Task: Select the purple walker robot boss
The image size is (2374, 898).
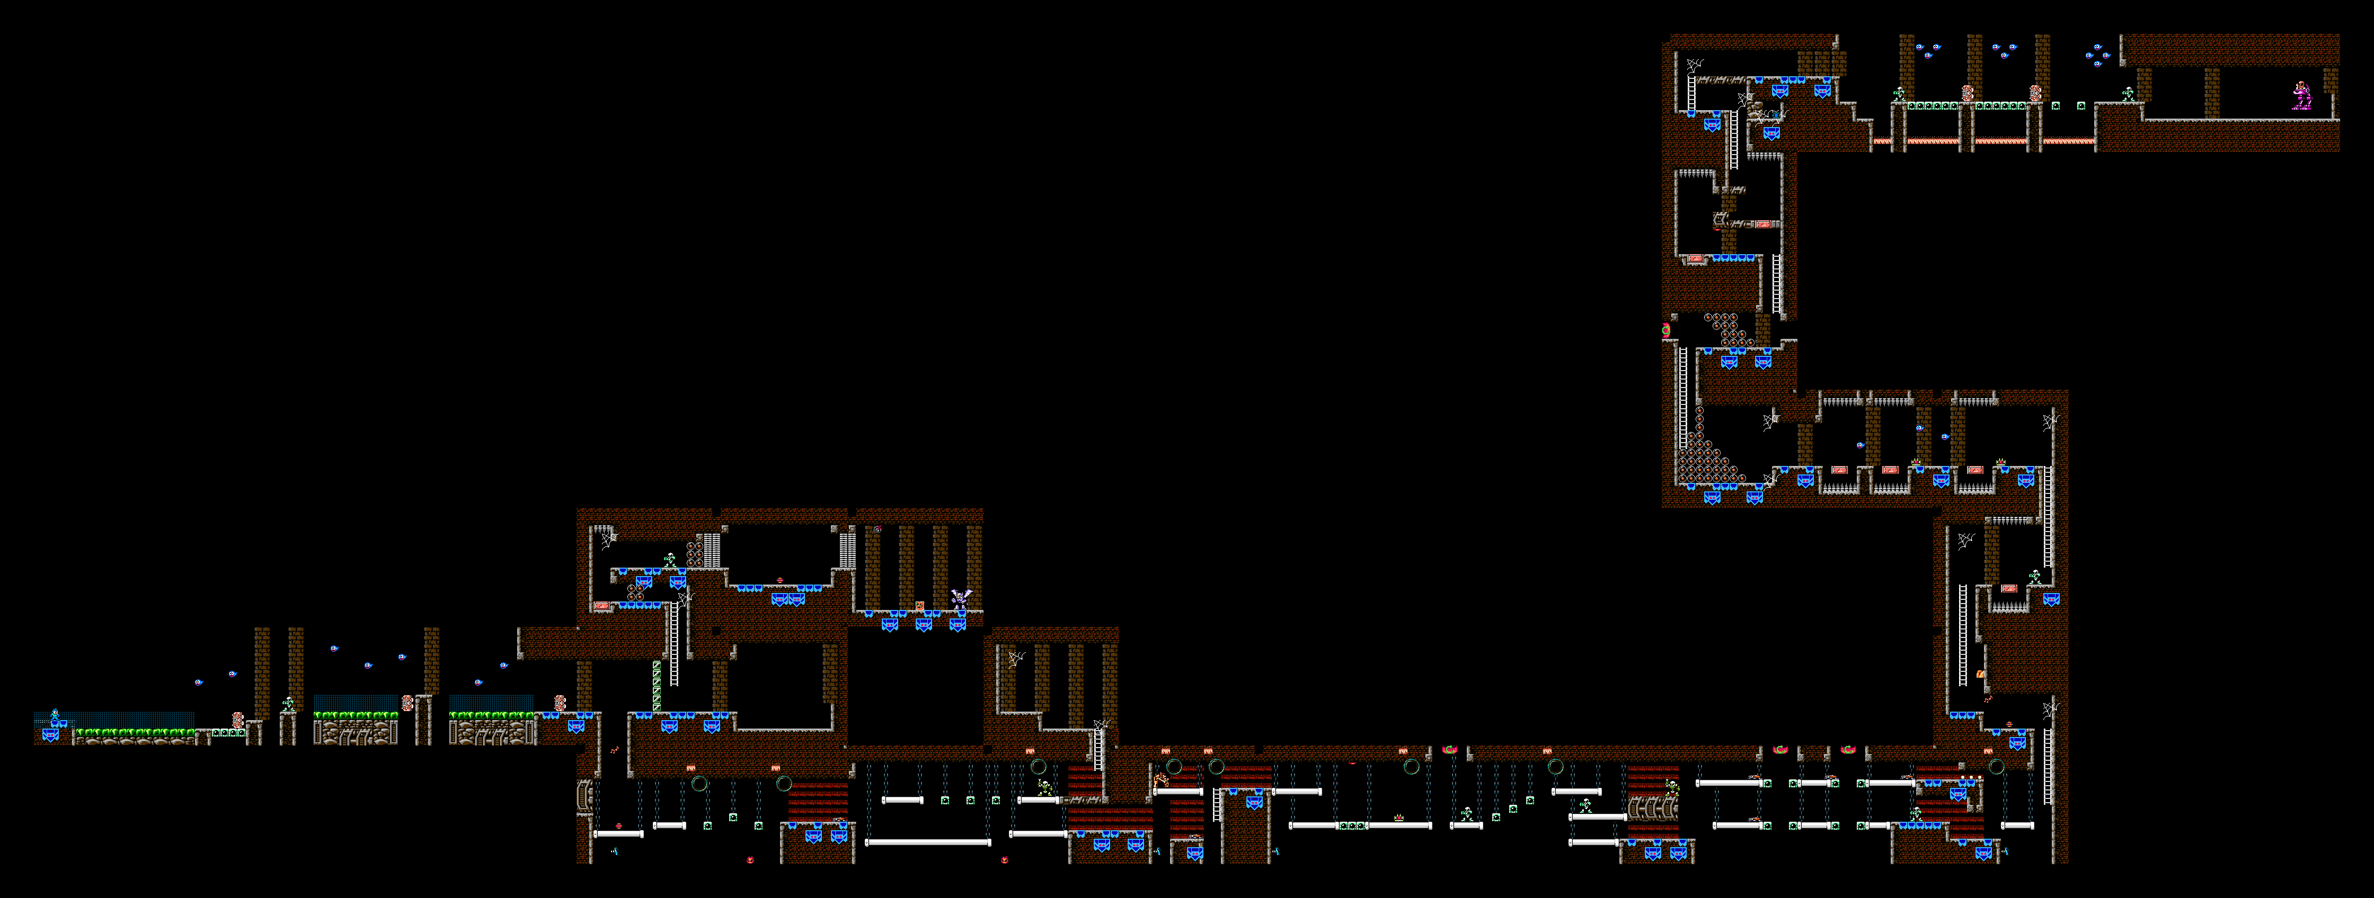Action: (x=2301, y=96)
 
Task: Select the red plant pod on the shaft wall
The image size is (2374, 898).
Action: (x=1666, y=330)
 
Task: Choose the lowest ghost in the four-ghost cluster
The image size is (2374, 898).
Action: (x=2097, y=65)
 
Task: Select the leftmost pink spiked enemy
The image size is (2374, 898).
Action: (x=238, y=720)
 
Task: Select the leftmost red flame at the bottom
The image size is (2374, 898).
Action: (x=750, y=859)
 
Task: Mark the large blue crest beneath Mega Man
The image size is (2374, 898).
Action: (x=51, y=734)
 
